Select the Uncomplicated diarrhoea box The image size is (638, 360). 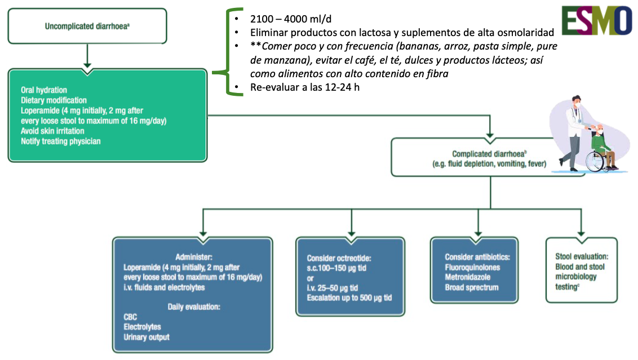click(x=87, y=26)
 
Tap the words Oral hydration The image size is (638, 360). click(x=44, y=90)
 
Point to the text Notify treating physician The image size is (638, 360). click(x=61, y=141)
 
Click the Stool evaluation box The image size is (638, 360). click(x=581, y=271)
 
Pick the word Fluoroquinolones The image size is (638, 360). click(x=472, y=267)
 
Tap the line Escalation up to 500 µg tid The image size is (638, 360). click(x=349, y=297)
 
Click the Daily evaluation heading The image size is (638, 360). click(x=193, y=306)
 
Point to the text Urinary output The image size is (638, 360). click(x=147, y=337)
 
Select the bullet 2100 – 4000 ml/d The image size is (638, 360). click(x=282, y=19)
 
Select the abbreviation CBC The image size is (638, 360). click(x=131, y=317)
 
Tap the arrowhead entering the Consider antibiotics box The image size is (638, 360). click(x=477, y=233)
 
